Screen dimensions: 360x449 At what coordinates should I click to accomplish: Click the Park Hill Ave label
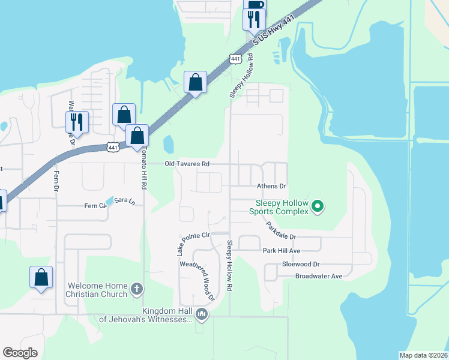[281, 250]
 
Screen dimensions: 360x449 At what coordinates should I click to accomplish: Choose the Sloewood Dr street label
[301, 264]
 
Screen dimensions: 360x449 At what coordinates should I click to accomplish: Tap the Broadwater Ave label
[318, 277]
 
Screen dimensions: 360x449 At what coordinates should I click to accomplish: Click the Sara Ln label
[124, 200]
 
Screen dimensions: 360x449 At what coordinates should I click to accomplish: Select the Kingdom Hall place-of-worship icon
[202, 314]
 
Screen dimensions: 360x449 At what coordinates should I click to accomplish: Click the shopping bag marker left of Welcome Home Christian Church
[41, 277]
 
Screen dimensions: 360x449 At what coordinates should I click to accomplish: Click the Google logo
[20, 353]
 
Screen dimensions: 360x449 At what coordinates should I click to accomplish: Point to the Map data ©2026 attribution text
[423, 355]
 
